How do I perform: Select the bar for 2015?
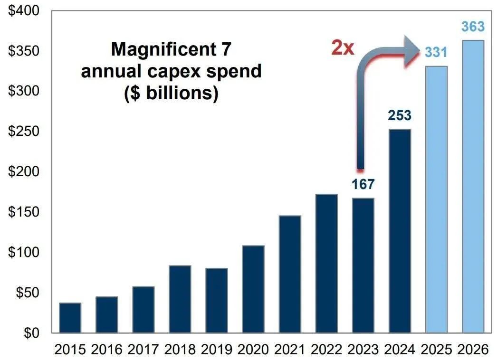tap(70, 318)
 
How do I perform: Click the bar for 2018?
tap(180, 299)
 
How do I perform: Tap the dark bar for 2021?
tap(290, 274)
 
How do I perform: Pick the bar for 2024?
tap(400, 231)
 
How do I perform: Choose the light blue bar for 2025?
tap(436, 199)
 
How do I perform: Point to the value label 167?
tap(363, 184)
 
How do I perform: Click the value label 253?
tap(400, 115)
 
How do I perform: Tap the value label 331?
tap(436, 52)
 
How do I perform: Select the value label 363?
tap(473, 27)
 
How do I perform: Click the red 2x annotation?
tap(343, 48)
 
